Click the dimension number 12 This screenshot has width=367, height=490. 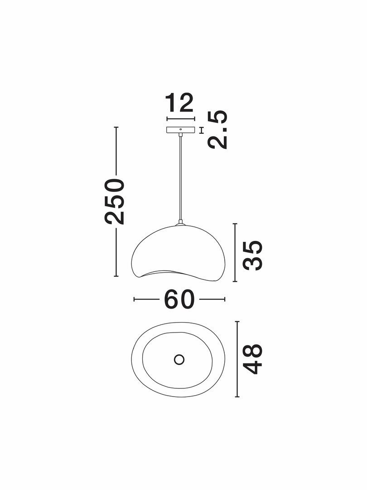coord(180,103)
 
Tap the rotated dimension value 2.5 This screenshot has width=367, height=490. coord(217,129)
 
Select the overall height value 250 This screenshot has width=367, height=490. coord(115,201)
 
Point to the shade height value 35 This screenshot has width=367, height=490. coord(253,255)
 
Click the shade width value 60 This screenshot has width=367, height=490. coord(179,299)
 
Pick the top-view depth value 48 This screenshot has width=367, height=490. coord(252,359)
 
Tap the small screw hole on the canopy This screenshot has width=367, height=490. coord(181,129)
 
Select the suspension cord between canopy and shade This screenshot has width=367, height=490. coord(180,178)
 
